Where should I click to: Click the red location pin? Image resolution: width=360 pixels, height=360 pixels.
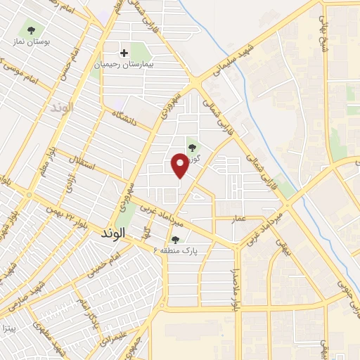pos(180,165)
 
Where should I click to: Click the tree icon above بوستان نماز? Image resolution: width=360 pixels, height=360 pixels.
pos(30,30)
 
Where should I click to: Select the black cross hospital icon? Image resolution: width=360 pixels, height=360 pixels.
pos(124,53)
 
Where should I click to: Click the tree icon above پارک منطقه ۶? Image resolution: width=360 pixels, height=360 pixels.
pos(175,240)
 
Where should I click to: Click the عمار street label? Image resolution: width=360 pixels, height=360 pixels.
pos(240,219)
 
